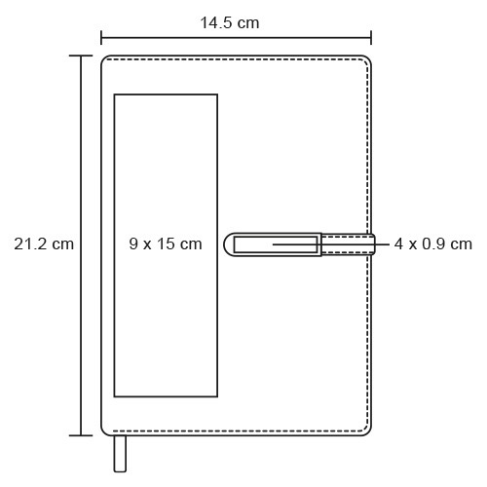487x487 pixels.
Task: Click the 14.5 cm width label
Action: [x=230, y=22]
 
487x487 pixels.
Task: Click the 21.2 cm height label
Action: [x=44, y=243]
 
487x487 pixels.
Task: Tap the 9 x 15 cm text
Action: [x=166, y=243]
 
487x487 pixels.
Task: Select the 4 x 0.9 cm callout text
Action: [x=433, y=243]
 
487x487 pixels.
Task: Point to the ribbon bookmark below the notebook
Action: [x=120, y=454]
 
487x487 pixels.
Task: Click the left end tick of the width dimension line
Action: [x=101, y=38]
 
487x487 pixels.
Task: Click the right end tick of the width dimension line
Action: [x=371, y=38]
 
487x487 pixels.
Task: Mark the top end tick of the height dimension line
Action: [x=81, y=56]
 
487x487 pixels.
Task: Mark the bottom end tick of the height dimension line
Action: [x=81, y=435]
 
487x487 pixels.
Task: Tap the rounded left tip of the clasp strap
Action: [x=225, y=244]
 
